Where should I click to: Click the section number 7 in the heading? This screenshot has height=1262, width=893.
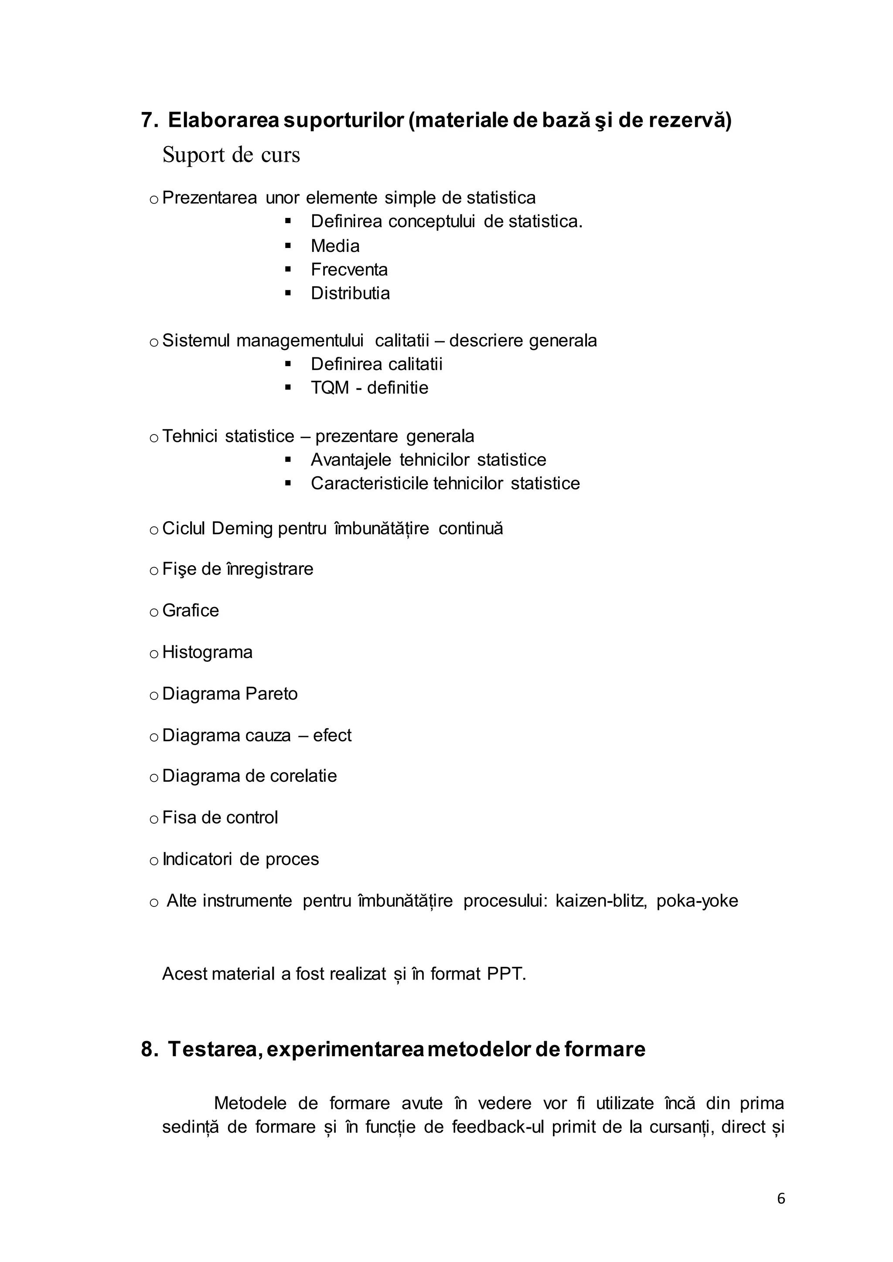click(x=146, y=120)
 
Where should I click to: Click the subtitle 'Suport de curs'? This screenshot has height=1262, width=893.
click(x=231, y=155)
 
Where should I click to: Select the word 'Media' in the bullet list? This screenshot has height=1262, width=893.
click(x=335, y=246)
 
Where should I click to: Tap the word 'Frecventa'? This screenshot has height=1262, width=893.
click(x=349, y=269)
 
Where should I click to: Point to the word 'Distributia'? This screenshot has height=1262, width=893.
click(x=350, y=293)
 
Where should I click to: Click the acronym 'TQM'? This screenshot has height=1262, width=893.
click(x=329, y=388)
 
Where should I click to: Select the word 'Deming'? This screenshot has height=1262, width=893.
click(x=242, y=529)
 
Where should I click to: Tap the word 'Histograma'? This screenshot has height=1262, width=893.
click(x=207, y=652)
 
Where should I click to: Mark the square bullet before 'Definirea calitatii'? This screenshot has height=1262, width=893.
click(x=288, y=364)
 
